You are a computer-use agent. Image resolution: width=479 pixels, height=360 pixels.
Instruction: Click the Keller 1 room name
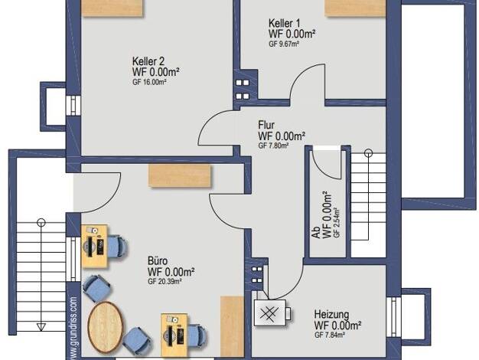click(x=284, y=23)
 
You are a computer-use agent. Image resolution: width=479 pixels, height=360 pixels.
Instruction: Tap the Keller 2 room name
click(x=148, y=61)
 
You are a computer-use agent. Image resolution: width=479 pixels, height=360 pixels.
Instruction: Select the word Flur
click(x=266, y=125)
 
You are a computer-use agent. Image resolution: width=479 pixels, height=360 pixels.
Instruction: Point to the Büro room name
click(x=158, y=261)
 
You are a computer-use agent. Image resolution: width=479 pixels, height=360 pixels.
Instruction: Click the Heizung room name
click(x=331, y=314)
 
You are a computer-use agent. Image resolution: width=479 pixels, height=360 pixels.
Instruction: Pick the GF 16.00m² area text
click(x=149, y=82)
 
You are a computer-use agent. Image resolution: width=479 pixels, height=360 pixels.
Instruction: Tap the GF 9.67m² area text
click(x=284, y=44)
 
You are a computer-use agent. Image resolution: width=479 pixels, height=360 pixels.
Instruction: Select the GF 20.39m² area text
click(x=165, y=282)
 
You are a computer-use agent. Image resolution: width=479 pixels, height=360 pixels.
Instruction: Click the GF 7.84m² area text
click(x=330, y=335)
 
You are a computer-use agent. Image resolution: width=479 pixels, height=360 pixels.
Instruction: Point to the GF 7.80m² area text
click(x=273, y=146)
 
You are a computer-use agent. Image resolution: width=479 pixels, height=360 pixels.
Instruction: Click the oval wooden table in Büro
click(x=106, y=327)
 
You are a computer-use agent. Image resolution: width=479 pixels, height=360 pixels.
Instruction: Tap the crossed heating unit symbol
click(x=270, y=313)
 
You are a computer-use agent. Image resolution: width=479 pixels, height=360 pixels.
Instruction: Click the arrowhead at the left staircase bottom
click(x=41, y=327)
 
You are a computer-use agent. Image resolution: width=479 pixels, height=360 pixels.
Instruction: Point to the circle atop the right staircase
click(x=369, y=153)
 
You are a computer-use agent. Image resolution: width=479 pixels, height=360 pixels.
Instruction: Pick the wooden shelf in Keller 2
click(x=112, y=8)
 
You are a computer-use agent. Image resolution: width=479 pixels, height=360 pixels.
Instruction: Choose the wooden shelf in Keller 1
click(x=355, y=8)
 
